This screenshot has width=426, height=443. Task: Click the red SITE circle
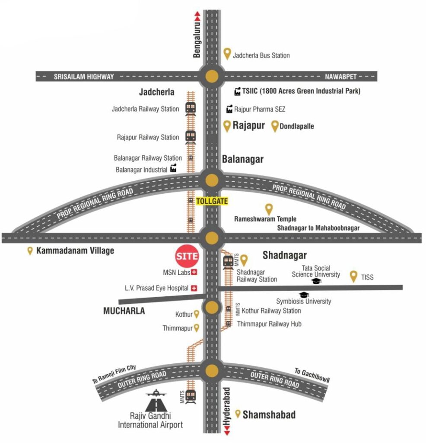[187, 256]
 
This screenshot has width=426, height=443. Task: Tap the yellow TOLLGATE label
[212, 201]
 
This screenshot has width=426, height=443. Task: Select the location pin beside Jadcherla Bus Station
[227, 54]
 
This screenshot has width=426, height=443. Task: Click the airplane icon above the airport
[156, 393]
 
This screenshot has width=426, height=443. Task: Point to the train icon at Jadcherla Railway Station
[191, 108]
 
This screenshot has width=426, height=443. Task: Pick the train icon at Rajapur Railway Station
[191, 137]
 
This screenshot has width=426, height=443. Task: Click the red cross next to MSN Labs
[194, 272]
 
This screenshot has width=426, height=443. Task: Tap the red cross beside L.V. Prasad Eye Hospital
[194, 288]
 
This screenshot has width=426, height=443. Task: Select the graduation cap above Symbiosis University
[304, 295]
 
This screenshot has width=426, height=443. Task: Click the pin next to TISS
[353, 276]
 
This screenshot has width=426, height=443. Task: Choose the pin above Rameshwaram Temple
[269, 209]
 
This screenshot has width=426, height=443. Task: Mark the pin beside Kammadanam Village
[30, 251]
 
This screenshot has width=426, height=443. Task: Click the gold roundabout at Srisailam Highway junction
[212, 76]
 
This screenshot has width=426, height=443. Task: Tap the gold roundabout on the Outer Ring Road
[212, 371]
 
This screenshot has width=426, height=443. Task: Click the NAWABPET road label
[340, 77]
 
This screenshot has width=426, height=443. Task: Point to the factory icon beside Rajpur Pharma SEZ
[229, 109]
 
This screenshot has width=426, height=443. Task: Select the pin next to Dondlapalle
[275, 126]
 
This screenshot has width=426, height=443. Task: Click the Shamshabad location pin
[238, 414]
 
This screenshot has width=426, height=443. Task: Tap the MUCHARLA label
[124, 311]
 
